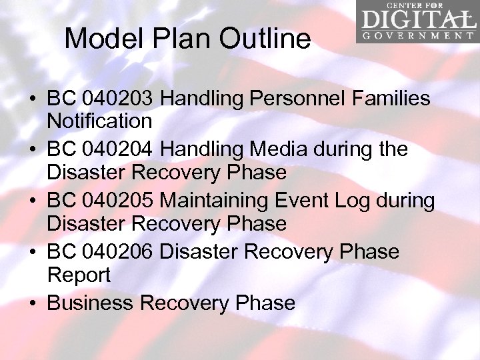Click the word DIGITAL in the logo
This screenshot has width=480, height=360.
click(419, 18)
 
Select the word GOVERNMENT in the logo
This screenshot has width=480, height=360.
click(419, 35)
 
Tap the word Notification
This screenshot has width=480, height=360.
click(99, 121)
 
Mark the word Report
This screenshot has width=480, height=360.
click(79, 275)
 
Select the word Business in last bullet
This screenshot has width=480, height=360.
click(90, 303)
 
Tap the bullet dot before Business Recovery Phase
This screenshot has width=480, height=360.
click(33, 303)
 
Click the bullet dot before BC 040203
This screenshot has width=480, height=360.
click(33, 99)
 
